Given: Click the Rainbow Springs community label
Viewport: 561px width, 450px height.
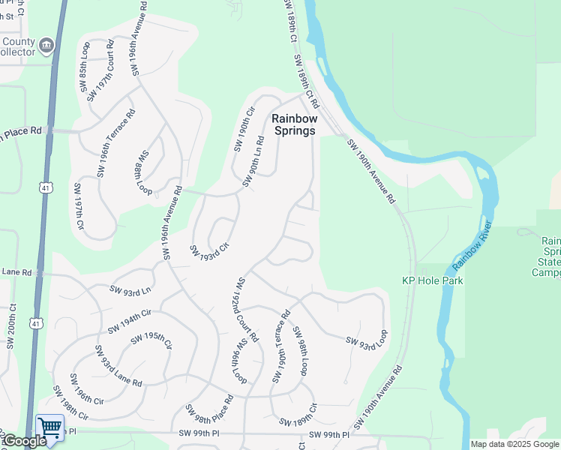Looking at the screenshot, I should pos(294,124).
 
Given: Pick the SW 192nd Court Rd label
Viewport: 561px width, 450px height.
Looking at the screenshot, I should pos(247,310).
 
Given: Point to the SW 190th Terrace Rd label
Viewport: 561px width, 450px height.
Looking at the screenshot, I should pos(281,346).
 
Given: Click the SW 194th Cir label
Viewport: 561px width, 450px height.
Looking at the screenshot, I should pos(130,321).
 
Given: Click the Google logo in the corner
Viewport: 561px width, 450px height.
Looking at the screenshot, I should pos(24,441).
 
